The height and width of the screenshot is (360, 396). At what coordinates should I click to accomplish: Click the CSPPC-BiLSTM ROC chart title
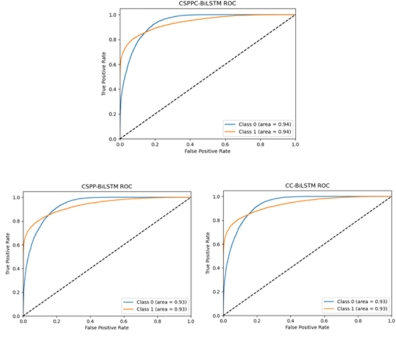pos(208,3)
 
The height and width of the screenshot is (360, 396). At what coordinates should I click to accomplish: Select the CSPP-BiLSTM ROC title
pos(106,187)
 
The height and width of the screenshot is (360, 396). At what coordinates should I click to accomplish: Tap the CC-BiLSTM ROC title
pos(308,186)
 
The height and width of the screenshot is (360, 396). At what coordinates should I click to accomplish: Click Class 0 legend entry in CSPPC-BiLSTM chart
pos(258,124)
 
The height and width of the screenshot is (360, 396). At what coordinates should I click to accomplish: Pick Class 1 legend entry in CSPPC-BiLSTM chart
pos(258,132)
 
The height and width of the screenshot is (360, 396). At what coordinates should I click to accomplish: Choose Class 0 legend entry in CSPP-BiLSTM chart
pos(155,302)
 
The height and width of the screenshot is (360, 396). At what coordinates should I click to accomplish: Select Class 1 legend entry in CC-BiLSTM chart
pos(356,309)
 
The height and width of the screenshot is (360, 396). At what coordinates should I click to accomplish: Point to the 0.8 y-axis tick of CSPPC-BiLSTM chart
pos(113,40)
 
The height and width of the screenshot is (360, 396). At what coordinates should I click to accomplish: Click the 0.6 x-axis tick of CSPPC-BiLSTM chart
pos(225,144)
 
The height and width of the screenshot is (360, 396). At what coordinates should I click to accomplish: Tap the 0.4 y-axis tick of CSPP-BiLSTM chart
pos(16,269)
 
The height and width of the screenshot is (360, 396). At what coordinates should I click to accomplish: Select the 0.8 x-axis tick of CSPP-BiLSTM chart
pos(157,321)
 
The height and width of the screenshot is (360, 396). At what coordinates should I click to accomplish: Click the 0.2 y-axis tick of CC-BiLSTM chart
pos(216,292)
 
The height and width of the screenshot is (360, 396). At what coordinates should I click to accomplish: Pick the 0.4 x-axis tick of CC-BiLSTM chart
pos(291,321)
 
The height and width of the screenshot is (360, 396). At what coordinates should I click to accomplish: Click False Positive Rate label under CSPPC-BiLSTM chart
pos(208,151)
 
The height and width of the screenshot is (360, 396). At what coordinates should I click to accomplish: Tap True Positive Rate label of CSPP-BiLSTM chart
pos(8,254)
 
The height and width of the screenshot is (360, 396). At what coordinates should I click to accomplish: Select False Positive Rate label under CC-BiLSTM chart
pos(307,328)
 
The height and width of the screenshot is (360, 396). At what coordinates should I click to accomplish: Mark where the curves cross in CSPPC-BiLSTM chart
pos(145,32)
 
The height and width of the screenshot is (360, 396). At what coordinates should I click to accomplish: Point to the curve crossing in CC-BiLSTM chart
pos(249,214)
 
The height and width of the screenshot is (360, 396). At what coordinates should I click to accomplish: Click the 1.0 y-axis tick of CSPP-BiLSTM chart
pos(16,198)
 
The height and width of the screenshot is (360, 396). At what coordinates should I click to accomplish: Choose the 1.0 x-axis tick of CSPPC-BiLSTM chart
pos(295,144)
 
